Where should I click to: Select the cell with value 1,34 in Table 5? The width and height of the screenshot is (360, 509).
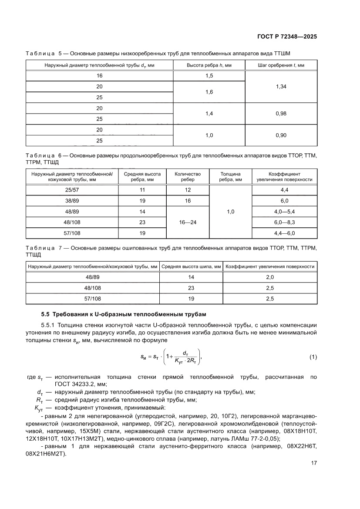pos(281,87)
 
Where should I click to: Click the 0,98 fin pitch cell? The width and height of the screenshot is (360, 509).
pos(281,114)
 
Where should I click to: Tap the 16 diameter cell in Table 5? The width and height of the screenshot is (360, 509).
pos(100,76)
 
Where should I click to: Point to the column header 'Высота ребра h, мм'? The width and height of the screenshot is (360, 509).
pos(209,65)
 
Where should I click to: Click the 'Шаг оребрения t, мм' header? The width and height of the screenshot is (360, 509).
pos(281,65)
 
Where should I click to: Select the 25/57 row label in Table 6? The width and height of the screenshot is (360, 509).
pos(72,190)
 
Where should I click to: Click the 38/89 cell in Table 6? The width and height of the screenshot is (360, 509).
pos(72,201)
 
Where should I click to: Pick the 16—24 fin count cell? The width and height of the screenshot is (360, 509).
pos(188,222)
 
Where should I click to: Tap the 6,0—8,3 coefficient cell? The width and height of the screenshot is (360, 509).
pos(285,222)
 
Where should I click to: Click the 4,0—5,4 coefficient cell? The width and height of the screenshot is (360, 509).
pos(285,212)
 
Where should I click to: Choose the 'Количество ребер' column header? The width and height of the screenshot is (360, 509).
pos(188,177)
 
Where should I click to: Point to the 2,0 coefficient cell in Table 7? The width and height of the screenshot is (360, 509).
pos(270,277)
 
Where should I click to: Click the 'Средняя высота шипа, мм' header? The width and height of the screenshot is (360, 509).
pos(191,266)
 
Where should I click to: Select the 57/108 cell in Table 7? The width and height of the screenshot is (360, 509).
pos(92,299)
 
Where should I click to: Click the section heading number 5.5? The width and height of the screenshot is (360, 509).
pos(46,314)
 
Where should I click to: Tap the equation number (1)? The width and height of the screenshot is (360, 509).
pos(313,357)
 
